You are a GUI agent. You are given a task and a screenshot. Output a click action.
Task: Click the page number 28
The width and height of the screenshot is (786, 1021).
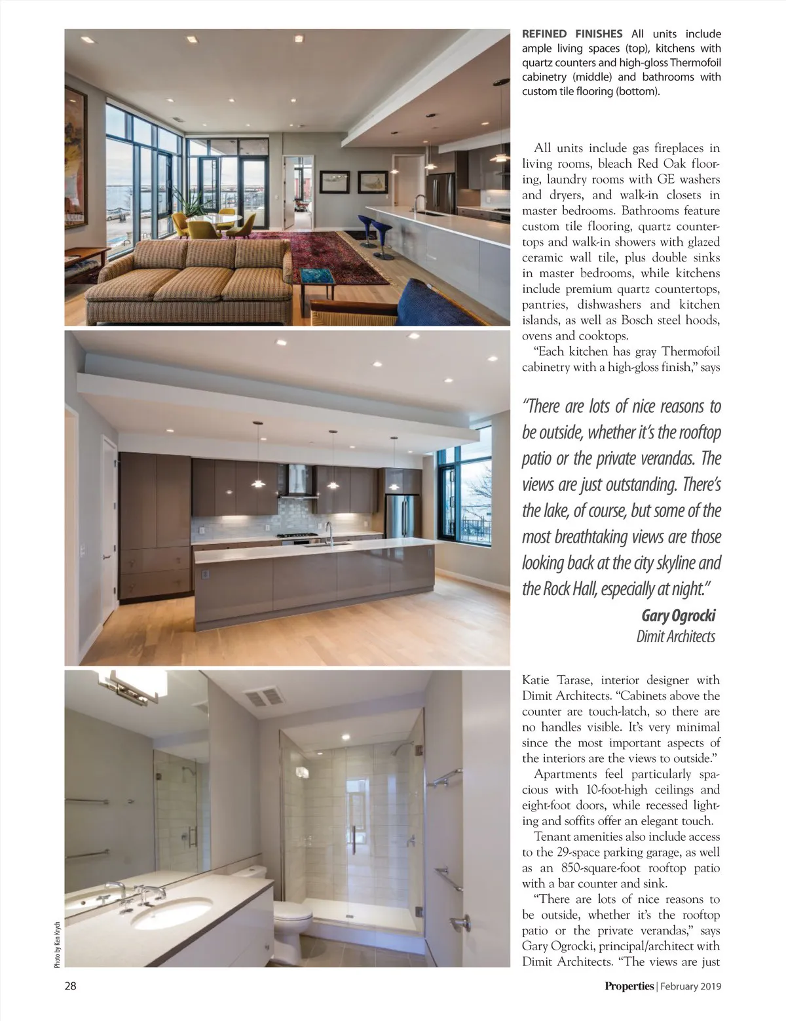click(x=70, y=985)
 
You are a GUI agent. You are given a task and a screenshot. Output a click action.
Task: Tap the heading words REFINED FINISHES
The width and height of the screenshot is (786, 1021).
click(x=572, y=34)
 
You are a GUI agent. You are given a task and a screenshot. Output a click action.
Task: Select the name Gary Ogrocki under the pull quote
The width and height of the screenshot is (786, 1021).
click(x=678, y=615)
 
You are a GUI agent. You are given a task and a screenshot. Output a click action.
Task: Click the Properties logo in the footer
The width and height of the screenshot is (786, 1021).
click(x=629, y=986)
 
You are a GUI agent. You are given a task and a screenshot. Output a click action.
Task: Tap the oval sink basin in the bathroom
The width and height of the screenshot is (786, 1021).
click(x=172, y=913)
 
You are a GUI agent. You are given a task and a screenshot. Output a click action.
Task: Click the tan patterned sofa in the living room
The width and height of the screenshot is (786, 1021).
click(x=190, y=279)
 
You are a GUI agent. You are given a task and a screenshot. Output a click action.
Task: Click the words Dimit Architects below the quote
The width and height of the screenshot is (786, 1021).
click(x=675, y=636)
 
